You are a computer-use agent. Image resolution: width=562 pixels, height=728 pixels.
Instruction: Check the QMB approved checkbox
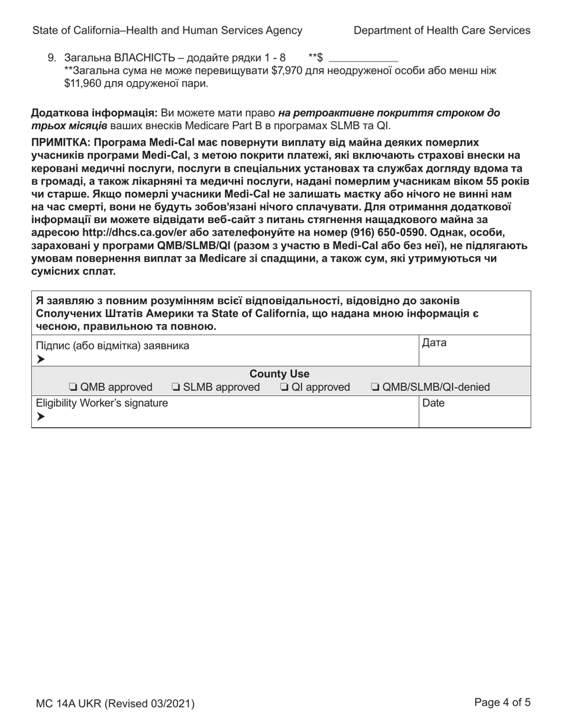click(x=72, y=388)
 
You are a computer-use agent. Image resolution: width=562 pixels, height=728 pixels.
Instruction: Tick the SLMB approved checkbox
click(x=176, y=388)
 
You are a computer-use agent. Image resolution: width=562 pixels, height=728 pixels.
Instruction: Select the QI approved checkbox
click(x=283, y=388)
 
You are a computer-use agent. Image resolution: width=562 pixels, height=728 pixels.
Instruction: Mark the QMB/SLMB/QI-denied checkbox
click(x=375, y=388)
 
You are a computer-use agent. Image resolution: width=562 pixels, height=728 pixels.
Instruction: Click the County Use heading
click(x=279, y=374)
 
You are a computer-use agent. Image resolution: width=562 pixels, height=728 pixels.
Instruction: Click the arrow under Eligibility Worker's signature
click(x=40, y=417)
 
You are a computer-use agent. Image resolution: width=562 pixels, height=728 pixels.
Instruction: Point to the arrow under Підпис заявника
click(x=40, y=359)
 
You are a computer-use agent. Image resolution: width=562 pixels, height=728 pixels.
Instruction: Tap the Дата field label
click(x=435, y=343)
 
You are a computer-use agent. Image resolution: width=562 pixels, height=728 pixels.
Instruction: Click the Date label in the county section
click(x=434, y=403)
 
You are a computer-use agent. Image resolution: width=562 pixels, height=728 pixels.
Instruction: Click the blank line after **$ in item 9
click(x=363, y=58)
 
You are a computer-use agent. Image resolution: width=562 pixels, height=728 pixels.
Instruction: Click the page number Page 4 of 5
click(x=502, y=703)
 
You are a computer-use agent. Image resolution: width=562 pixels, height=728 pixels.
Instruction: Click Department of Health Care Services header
click(x=442, y=30)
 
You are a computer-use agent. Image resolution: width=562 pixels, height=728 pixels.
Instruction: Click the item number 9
click(x=51, y=58)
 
